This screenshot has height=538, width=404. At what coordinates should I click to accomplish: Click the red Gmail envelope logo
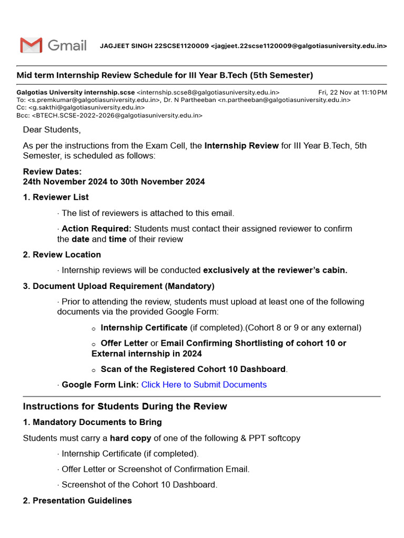[31, 46]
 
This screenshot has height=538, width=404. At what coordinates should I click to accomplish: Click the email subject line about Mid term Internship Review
[165, 75]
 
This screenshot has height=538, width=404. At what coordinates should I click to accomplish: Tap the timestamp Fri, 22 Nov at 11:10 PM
[352, 92]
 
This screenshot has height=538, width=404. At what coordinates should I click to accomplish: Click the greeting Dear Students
[52, 130]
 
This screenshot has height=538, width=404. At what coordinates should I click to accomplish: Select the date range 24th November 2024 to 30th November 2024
[114, 182]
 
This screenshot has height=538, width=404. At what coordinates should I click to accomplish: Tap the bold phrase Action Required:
[96, 229]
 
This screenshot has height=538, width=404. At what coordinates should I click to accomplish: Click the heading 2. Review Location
[62, 255]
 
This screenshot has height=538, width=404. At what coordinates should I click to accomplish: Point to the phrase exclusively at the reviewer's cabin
[275, 271]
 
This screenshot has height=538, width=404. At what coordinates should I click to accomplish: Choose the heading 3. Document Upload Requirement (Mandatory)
[118, 286]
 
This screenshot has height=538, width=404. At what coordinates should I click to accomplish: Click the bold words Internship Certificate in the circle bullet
[144, 328]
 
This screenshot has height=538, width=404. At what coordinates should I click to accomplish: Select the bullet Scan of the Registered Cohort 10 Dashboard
[194, 369]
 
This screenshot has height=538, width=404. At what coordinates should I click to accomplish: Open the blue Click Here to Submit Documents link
[204, 385]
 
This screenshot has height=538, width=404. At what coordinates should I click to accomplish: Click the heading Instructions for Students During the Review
[125, 407]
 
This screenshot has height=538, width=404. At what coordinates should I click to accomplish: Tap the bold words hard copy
[130, 438]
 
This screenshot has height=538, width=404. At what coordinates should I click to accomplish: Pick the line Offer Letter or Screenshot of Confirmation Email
[155, 469]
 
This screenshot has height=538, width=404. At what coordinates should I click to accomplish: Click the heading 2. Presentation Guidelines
[77, 501]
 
